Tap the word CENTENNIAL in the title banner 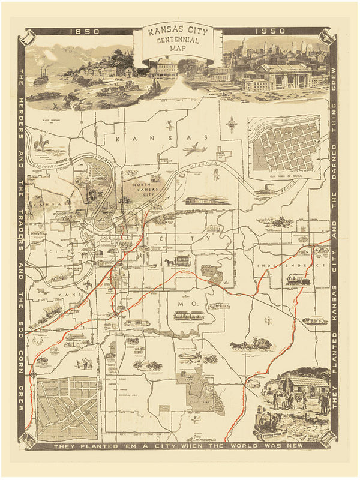(174, 42)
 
